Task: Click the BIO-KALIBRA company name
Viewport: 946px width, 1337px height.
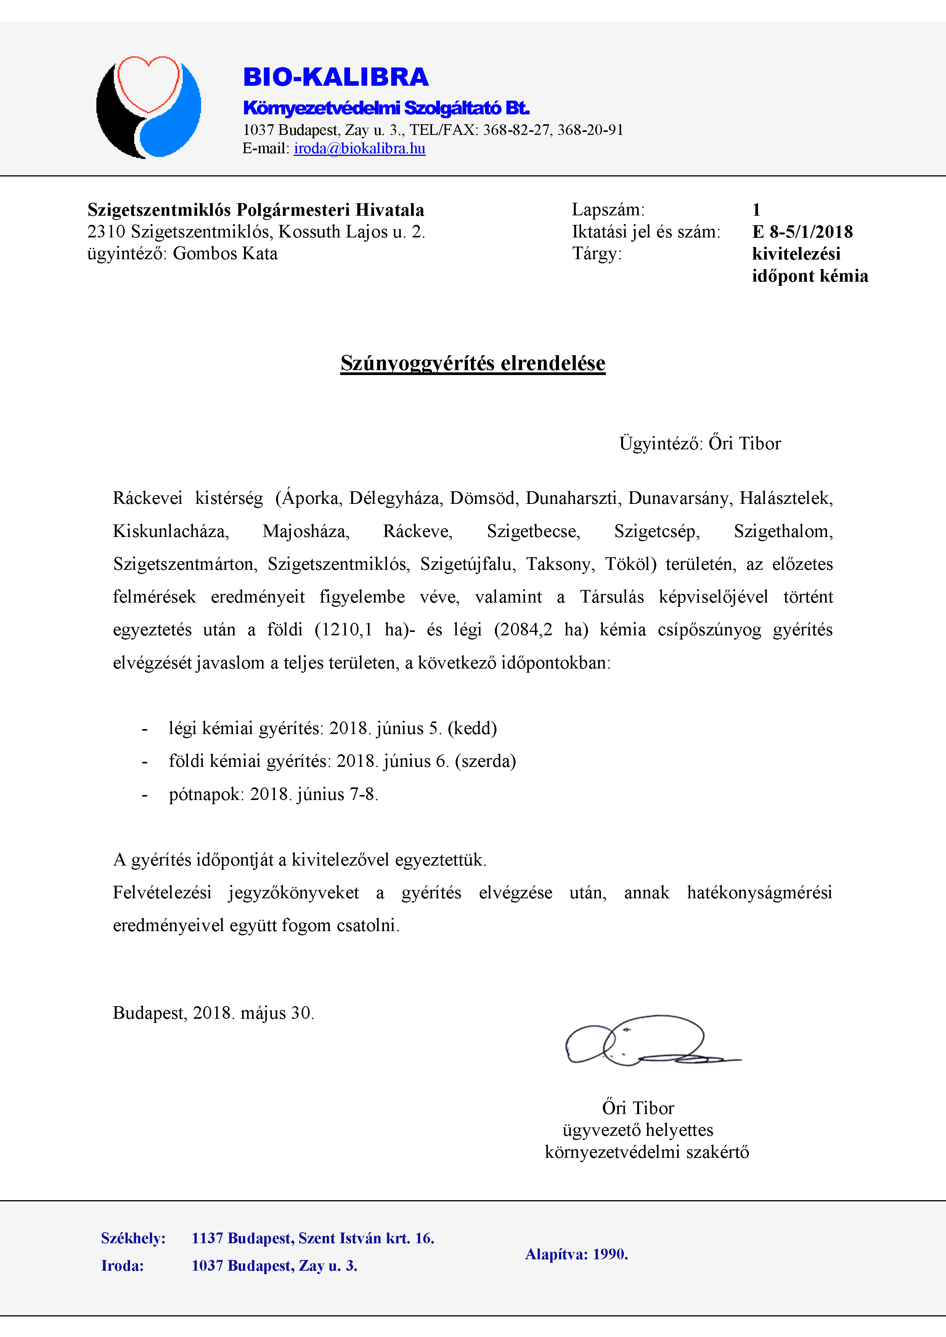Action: (x=336, y=77)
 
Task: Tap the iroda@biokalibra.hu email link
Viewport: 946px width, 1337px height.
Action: (x=360, y=149)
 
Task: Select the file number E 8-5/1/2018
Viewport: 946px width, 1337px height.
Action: (x=802, y=232)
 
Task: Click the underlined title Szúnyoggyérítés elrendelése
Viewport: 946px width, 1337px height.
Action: (x=472, y=363)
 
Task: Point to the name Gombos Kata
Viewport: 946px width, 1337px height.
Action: (x=225, y=254)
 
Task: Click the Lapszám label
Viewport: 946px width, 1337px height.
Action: (x=607, y=210)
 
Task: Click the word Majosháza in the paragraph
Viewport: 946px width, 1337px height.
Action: (x=306, y=531)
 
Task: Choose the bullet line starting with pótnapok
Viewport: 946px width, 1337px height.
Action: (x=273, y=794)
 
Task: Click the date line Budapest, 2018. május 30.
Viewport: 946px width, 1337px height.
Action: (x=213, y=1013)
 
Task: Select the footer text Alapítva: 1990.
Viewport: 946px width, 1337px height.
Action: (x=576, y=1254)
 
